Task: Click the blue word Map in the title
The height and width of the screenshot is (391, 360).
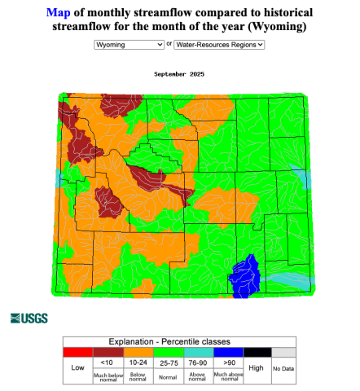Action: pos(58,13)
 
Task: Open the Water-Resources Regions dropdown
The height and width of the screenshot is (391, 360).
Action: pos(220,45)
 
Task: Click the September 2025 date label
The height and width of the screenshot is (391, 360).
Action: pos(179,74)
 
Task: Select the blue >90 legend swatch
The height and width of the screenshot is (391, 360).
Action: pos(227,351)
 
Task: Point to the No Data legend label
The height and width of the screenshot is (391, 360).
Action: pos(283,369)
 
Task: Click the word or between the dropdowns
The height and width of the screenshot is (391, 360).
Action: pos(169,45)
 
